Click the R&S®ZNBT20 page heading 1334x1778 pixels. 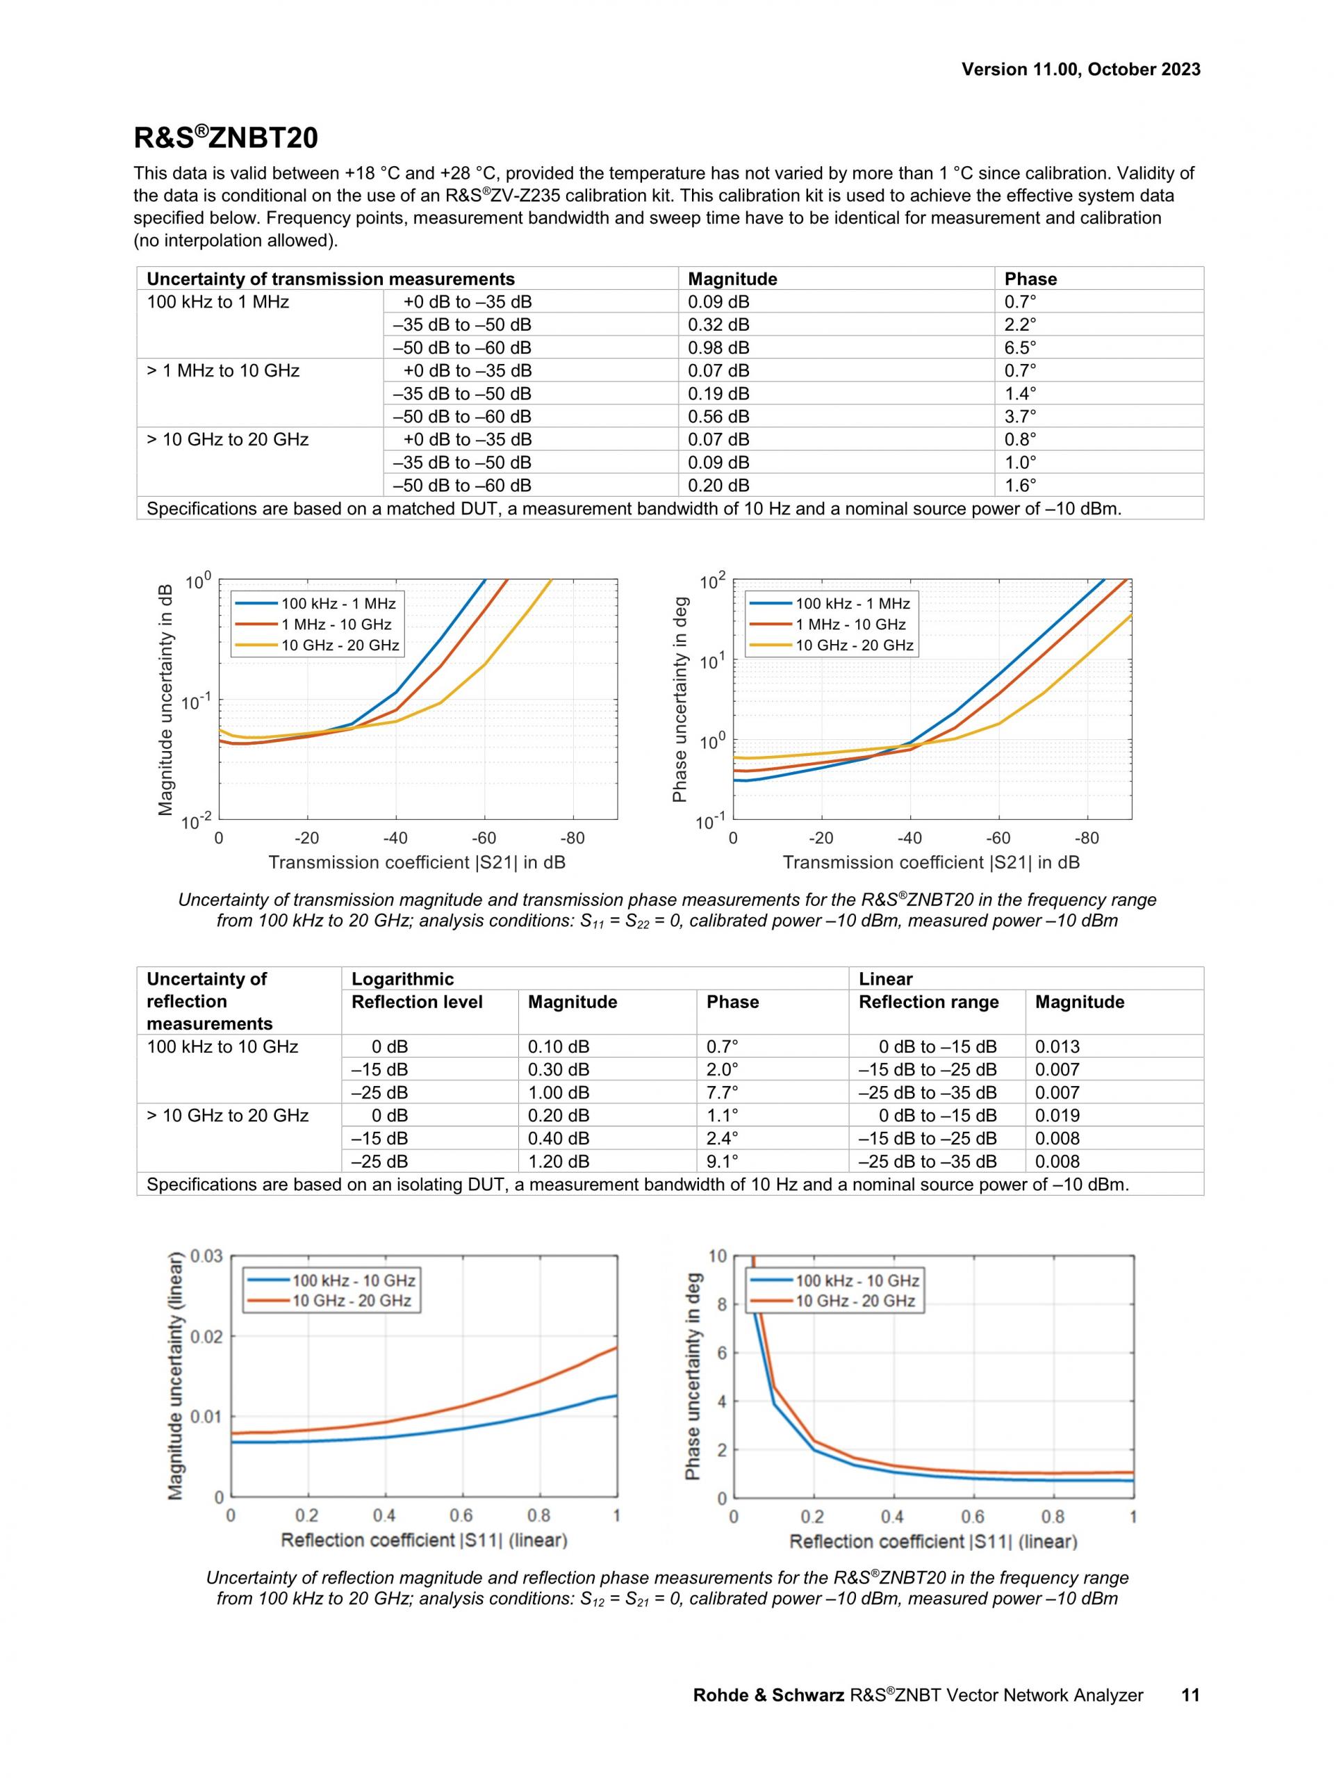pyautogui.click(x=226, y=138)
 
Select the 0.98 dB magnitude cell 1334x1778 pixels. pyautogui.click(x=718, y=348)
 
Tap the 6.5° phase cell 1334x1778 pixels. pyautogui.click(x=1020, y=348)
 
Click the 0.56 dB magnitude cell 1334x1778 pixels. pyautogui.click(x=718, y=416)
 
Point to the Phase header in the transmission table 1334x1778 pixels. pyautogui.click(x=1030, y=279)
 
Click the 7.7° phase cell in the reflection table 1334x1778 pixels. pyautogui.click(x=722, y=1092)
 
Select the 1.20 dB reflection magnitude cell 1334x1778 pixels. pyautogui.click(x=558, y=1162)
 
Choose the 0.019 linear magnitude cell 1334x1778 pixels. pyautogui.click(x=1057, y=1116)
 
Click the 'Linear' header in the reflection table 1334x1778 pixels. pyautogui.click(x=886, y=979)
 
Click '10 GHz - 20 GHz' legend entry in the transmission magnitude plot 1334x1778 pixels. pyautogui.click(x=340, y=645)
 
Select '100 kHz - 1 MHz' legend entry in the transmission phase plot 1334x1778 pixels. pyautogui.click(x=853, y=604)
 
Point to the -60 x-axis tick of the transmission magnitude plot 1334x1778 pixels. pyautogui.click(x=484, y=839)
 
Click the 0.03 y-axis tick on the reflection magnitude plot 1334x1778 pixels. pyautogui.click(x=206, y=1256)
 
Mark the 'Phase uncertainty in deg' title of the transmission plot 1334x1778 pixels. pyautogui.click(x=680, y=699)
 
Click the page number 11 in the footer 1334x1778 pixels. pyautogui.click(x=1190, y=1695)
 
